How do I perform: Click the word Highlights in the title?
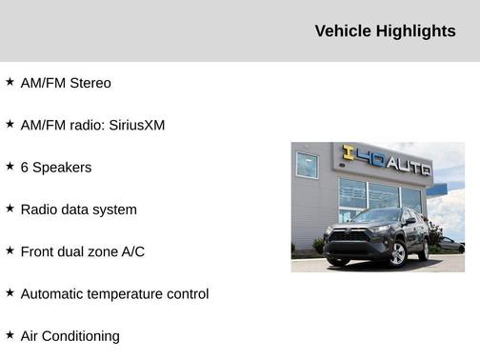coord(416,31)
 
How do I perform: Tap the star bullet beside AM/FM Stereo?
coord(10,82)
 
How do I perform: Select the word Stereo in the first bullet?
coord(90,83)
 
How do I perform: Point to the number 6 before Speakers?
coord(25,167)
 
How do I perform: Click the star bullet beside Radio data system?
coord(10,208)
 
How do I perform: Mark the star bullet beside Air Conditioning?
coord(10,334)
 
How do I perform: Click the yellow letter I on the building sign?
coord(348,153)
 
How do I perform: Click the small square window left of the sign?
coord(307,166)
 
